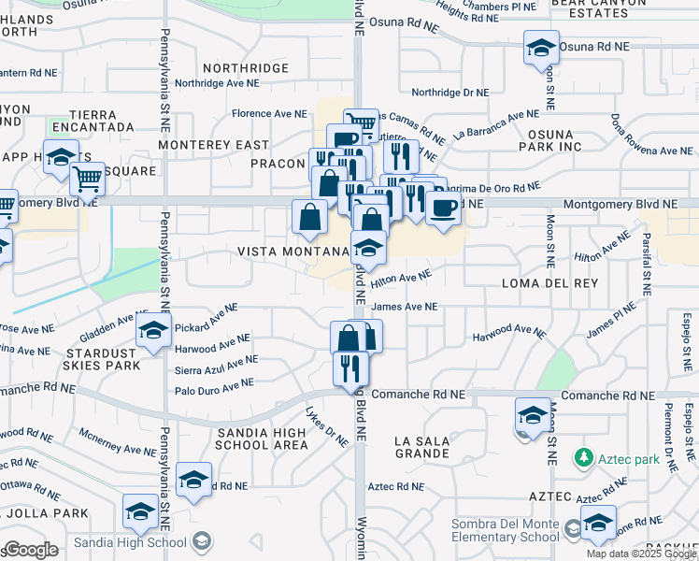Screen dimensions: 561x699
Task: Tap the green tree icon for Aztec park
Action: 583,458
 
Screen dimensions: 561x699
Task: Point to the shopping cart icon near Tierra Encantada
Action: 87,178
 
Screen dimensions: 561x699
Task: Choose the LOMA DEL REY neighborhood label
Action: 542,282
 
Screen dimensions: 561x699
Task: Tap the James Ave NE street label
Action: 404,307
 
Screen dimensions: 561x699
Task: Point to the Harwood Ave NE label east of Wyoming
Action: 508,332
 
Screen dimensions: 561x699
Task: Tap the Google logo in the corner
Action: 31,550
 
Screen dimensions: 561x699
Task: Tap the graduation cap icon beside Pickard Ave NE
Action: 152,331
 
